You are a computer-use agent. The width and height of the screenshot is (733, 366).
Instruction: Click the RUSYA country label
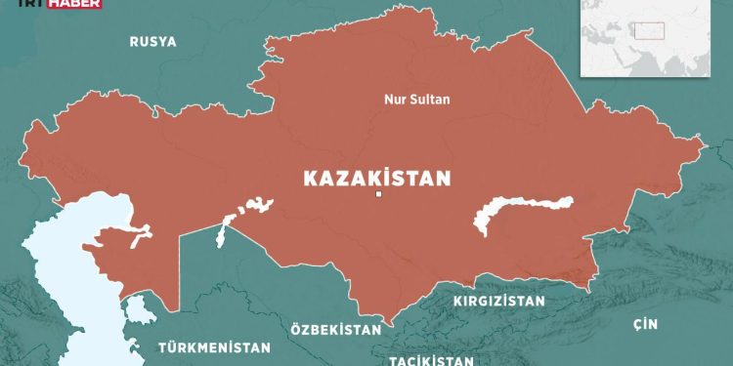click(152, 41)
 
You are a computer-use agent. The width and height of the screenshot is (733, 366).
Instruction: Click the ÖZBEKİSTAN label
click(335, 331)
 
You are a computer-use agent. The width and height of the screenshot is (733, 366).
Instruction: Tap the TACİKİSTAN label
click(429, 358)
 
